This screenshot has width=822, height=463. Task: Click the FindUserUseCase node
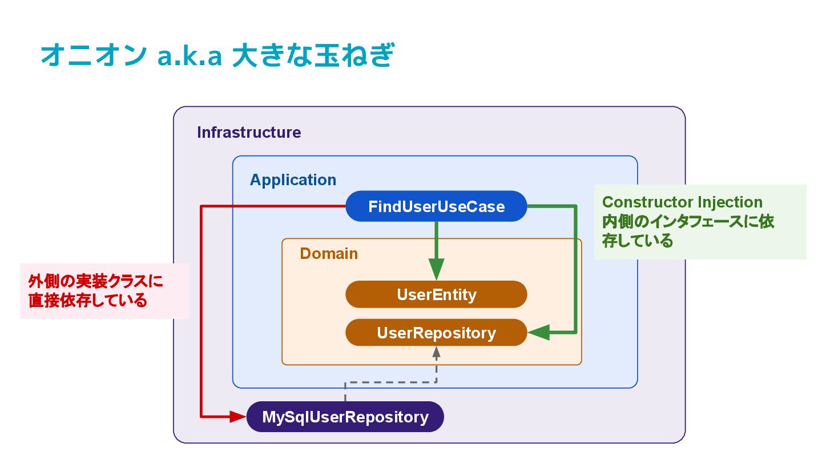(x=436, y=206)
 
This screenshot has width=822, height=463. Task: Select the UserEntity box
(x=436, y=294)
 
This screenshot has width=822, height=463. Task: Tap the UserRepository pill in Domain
(x=436, y=333)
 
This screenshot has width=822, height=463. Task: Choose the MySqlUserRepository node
(x=345, y=417)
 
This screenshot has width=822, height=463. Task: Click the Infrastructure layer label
(x=249, y=132)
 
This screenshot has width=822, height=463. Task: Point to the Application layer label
(x=293, y=180)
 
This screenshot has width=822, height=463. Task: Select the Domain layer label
(x=328, y=254)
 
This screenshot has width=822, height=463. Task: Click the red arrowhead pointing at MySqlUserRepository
(x=238, y=417)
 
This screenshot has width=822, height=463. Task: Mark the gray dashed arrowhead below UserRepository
(x=436, y=353)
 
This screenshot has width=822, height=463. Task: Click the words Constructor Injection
(x=682, y=202)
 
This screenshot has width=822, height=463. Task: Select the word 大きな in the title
(x=272, y=55)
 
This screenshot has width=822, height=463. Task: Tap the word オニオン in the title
(x=94, y=55)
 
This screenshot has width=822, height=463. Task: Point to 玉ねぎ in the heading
(x=354, y=55)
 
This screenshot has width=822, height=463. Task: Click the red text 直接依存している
(x=88, y=301)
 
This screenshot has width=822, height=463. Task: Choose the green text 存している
(x=638, y=241)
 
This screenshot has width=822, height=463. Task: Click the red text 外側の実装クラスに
(x=95, y=281)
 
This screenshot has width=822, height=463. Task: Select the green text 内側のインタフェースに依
(x=688, y=222)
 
